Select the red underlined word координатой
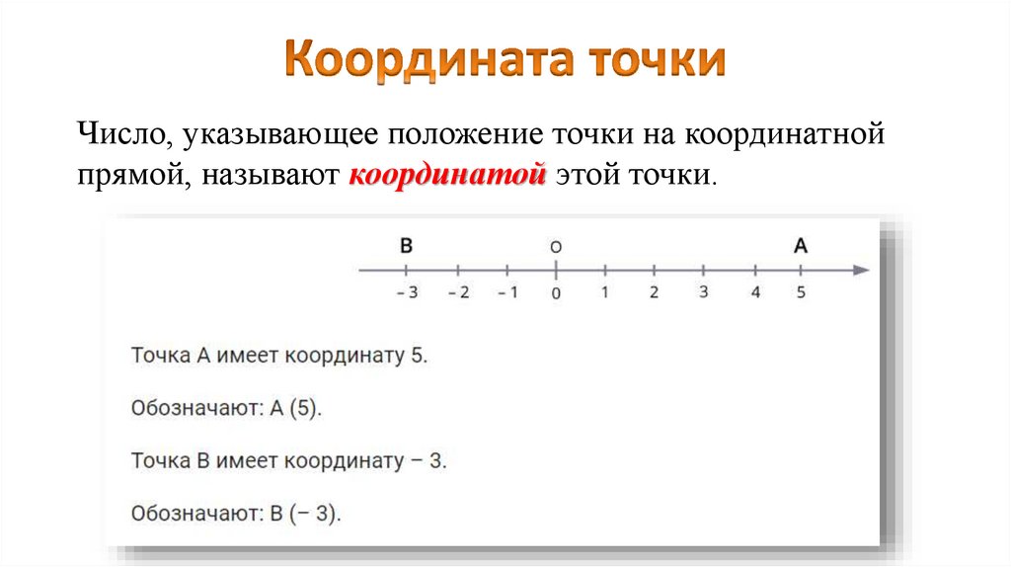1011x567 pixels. [x=447, y=177]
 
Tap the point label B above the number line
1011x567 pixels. [x=406, y=245]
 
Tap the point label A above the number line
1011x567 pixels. [x=800, y=245]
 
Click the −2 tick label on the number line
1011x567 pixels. [x=457, y=292]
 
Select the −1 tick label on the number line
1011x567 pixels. [x=506, y=292]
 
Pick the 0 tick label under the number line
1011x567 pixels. [x=556, y=293]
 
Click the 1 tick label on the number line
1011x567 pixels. [x=604, y=292]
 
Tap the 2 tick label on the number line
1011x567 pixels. [x=654, y=292]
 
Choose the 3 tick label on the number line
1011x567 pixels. [x=703, y=292]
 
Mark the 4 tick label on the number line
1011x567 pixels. [x=755, y=292]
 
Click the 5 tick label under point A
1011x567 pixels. [x=801, y=292]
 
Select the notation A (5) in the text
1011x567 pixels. [x=293, y=408]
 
